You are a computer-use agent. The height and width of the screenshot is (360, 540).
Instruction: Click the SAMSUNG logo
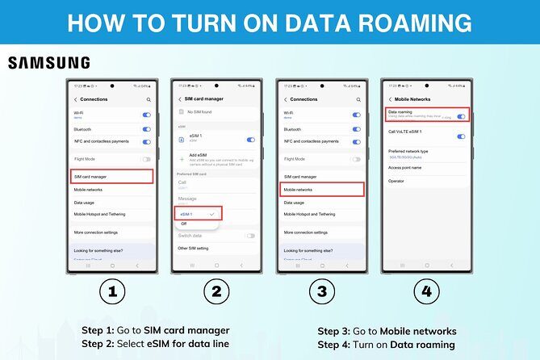point(48,63)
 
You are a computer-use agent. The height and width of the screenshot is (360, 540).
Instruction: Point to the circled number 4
point(426,292)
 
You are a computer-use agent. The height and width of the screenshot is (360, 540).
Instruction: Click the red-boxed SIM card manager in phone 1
point(111,176)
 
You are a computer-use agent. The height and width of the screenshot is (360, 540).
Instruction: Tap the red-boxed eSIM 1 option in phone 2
point(198,213)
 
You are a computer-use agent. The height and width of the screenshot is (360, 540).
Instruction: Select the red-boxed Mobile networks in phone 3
point(322,190)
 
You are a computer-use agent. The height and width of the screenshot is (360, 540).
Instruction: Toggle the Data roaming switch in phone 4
point(461,116)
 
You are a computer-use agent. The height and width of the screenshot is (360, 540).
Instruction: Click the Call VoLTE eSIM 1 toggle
point(461,136)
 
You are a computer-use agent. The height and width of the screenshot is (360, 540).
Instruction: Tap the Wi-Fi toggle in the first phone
point(146,115)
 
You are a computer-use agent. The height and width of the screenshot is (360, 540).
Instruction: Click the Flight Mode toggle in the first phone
point(146,159)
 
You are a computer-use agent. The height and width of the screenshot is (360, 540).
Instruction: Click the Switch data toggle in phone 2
point(251,236)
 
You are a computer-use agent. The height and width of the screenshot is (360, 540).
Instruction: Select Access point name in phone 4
point(404,168)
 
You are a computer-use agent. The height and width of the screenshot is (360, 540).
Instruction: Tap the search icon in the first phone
point(149,99)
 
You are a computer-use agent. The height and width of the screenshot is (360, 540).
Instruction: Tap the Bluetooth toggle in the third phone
point(356,129)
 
